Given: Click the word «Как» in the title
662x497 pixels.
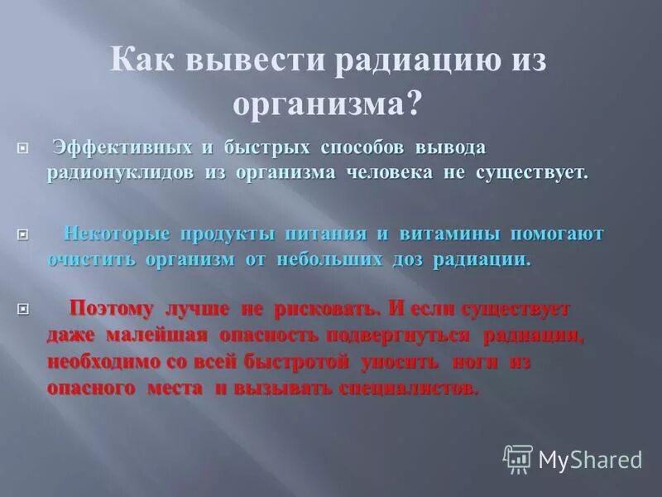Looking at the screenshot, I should pyautogui.click(x=144, y=63).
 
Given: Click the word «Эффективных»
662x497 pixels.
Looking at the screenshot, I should pyautogui.click(x=122, y=147).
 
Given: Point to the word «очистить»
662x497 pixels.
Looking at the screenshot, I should pyautogui.click(x=93, y=258).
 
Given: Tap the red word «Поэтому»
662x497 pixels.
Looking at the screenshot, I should pyautogui.click(x=112, y=309).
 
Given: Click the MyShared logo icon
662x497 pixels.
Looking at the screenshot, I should pyautogui.click(x=518, y=459).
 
